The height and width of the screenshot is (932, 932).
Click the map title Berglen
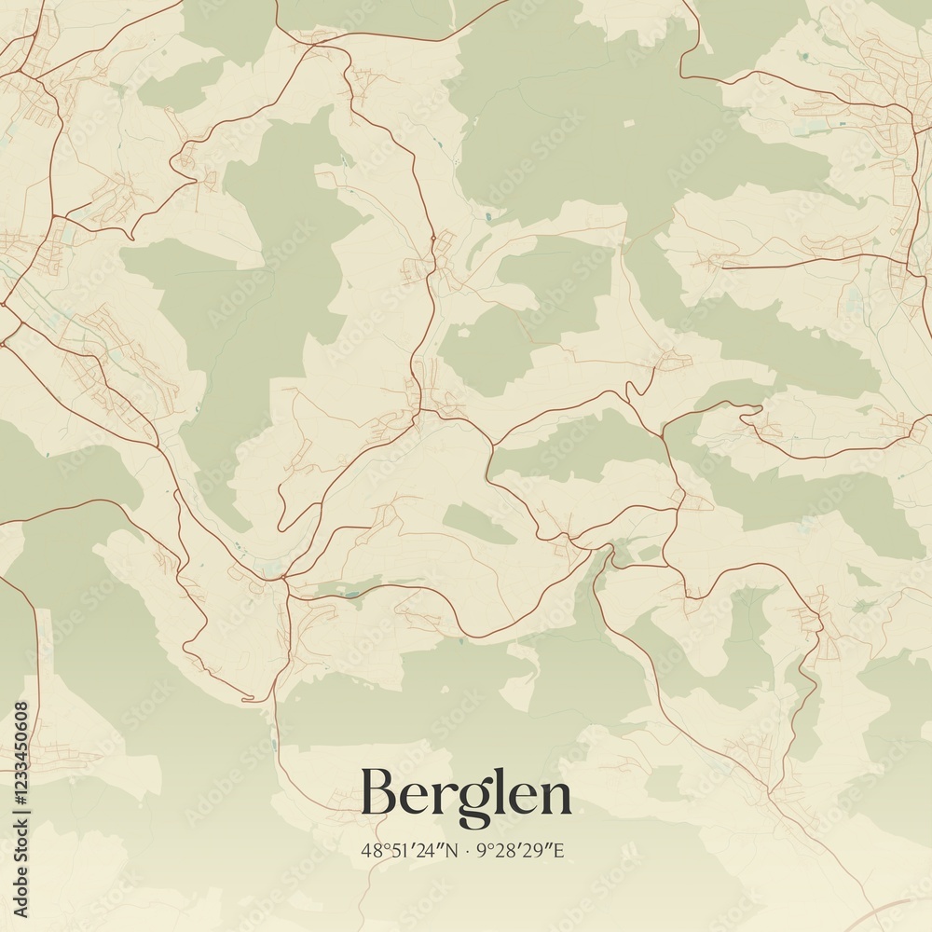466,795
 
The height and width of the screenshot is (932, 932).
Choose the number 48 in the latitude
372,850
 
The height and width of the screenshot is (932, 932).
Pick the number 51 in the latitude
399,850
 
